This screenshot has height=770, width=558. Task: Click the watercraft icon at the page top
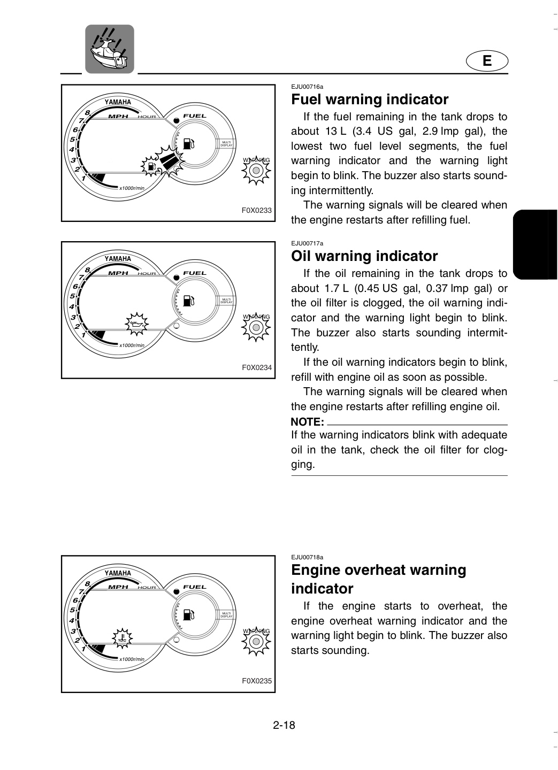coord(109,49)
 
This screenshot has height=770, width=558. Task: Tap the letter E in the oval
coord(487,61)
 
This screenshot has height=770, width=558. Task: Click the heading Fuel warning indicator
coord(370,99)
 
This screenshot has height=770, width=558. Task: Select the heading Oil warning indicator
coord(364,256)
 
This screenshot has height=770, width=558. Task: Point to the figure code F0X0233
coord(257,210)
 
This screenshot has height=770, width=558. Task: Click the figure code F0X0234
coord(257,367)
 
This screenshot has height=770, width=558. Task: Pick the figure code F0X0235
coord(257,681)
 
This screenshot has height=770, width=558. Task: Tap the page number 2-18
coord(284,725)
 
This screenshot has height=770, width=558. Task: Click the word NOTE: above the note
coord(307,422)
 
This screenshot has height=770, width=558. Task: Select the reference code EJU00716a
coord(307,87)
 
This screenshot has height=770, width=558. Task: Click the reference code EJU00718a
coord(307,557)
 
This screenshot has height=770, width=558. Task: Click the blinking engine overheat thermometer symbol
coord(122,638)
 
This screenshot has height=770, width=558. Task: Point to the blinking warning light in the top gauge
coord(256,171)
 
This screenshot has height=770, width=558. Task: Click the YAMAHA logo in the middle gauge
coord(118,259)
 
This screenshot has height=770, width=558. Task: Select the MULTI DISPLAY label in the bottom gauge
coord(226,615)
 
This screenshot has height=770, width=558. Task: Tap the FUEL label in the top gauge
coord(195,116)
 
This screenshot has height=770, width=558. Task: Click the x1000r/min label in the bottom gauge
coord(132,659)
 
